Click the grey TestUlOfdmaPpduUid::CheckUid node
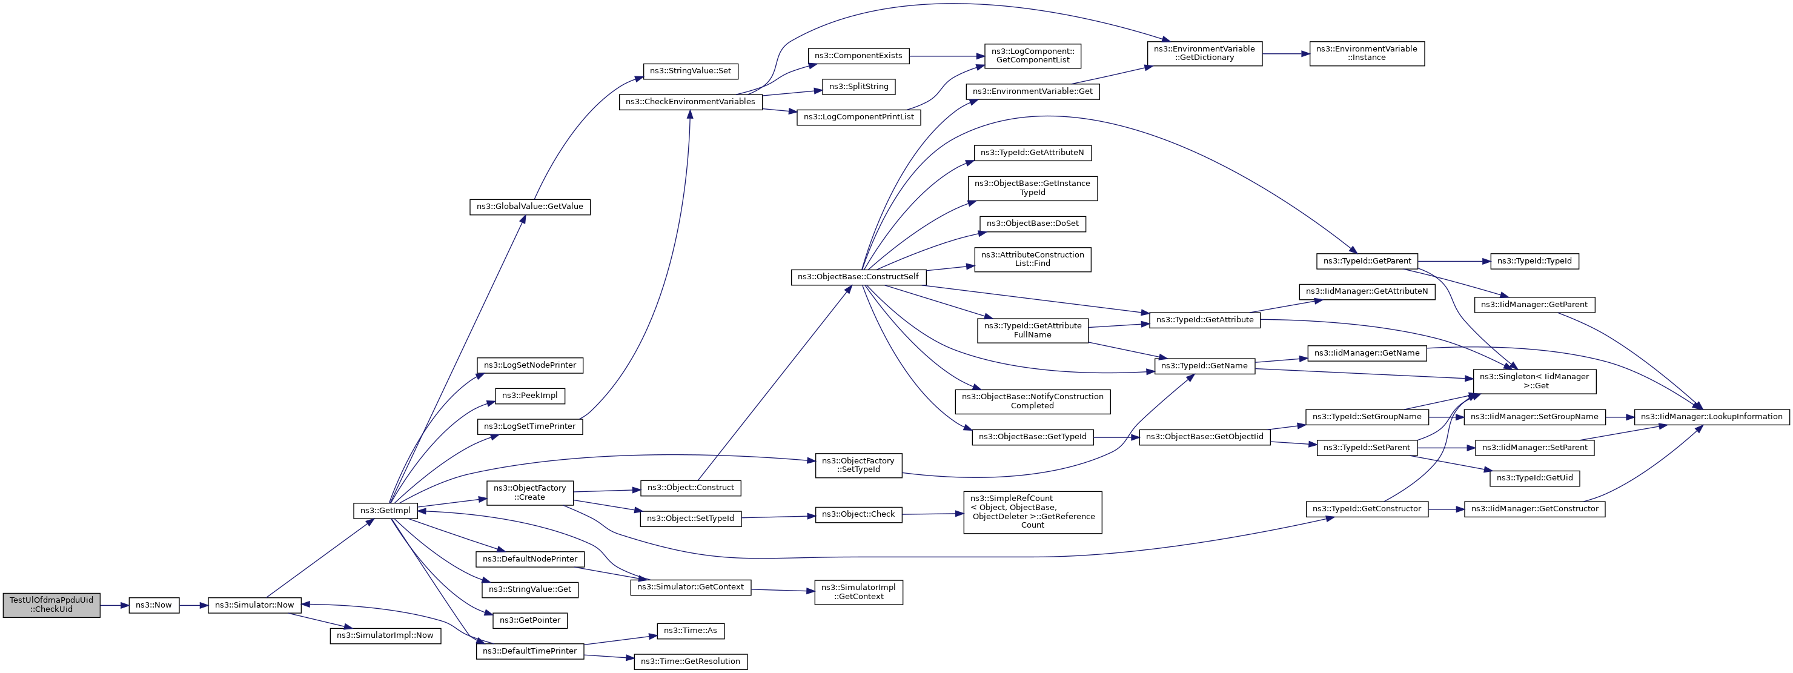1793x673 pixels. [51, 604]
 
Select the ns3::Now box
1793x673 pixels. [154, 605]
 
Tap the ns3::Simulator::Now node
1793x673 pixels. [255, 605]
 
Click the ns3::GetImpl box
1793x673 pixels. [386, 511]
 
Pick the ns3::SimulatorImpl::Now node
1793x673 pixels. [385, 635]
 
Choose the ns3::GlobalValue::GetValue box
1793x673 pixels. [529, 207]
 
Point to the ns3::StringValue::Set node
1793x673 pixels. [691, 71]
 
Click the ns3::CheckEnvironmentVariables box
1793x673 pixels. [691, 102]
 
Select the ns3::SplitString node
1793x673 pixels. [859, 86]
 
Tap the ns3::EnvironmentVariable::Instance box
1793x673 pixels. [1367, 53]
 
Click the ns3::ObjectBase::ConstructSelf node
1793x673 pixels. [858, 277]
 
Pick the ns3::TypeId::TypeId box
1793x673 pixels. [1535, 261]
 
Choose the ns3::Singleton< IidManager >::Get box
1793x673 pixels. [1535, 382]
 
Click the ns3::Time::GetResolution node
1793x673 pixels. [691, 661]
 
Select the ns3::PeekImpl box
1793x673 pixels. [529, 396]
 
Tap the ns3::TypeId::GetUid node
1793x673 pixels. [1535, 478]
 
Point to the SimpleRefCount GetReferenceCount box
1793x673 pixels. [1032, 512]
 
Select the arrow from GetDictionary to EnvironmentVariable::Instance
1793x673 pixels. [1285, 53]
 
